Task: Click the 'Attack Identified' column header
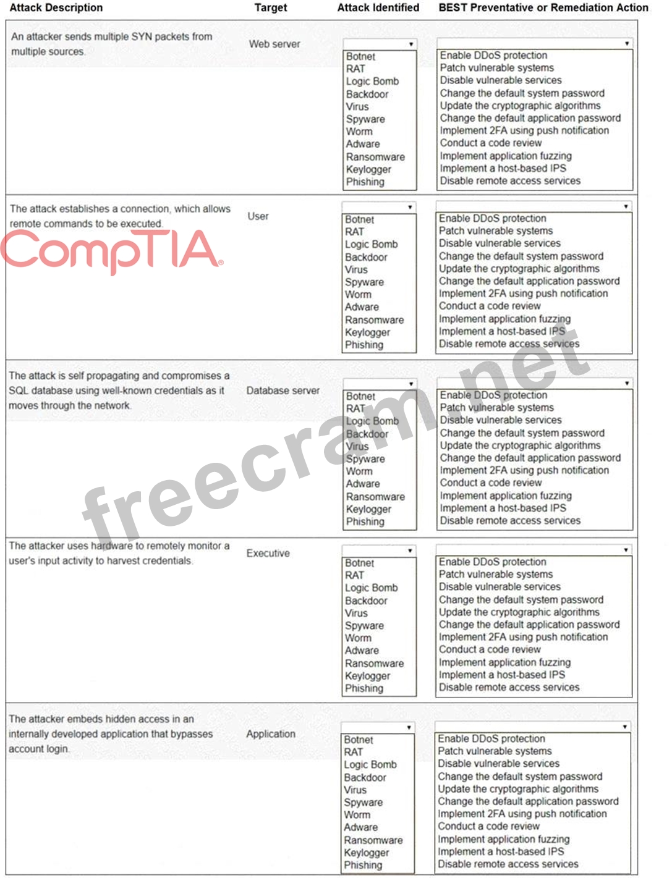pyautogui.click(x=378, y=8)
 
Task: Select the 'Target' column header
pyautogui.click(x=270, y=8)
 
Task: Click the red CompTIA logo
pyautogui.click(x=111, y=250)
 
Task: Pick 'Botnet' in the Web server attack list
pyautogui.click(x=360, y=56)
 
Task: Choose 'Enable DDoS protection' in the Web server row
pyautogui.click(x=493, y=56)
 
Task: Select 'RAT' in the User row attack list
pyautogui.click(x=354, y=232)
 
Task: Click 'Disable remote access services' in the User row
pyautogui.click(x=509, y=344)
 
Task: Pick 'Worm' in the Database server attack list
pyautogui.click(x=359, y=471)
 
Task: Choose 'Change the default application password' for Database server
pyautogui.click(x=530, y=458)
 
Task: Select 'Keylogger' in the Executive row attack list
pyautogui.click(x=367, y=676)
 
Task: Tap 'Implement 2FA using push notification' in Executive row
pyautogui.click(x=523, y=637)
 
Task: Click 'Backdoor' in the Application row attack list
pyautogui.click(x=365, y=777)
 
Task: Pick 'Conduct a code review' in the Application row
pyautogui.click(x=488, y=826)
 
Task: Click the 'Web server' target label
pyautogui.click(x=274, y=44)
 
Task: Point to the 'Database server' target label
pyautogui.click(x=283, y=390)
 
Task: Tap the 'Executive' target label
pyautogui.click(x=268, y=553)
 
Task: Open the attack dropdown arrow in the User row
pyautogui.click(x=410, y=207)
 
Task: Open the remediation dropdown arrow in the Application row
pyautogui.click(x=624, y=727)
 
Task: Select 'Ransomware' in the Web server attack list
pyautogui.click(x=375, y=157)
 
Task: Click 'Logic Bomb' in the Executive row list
pyautogui.click(x=371, y=588)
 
